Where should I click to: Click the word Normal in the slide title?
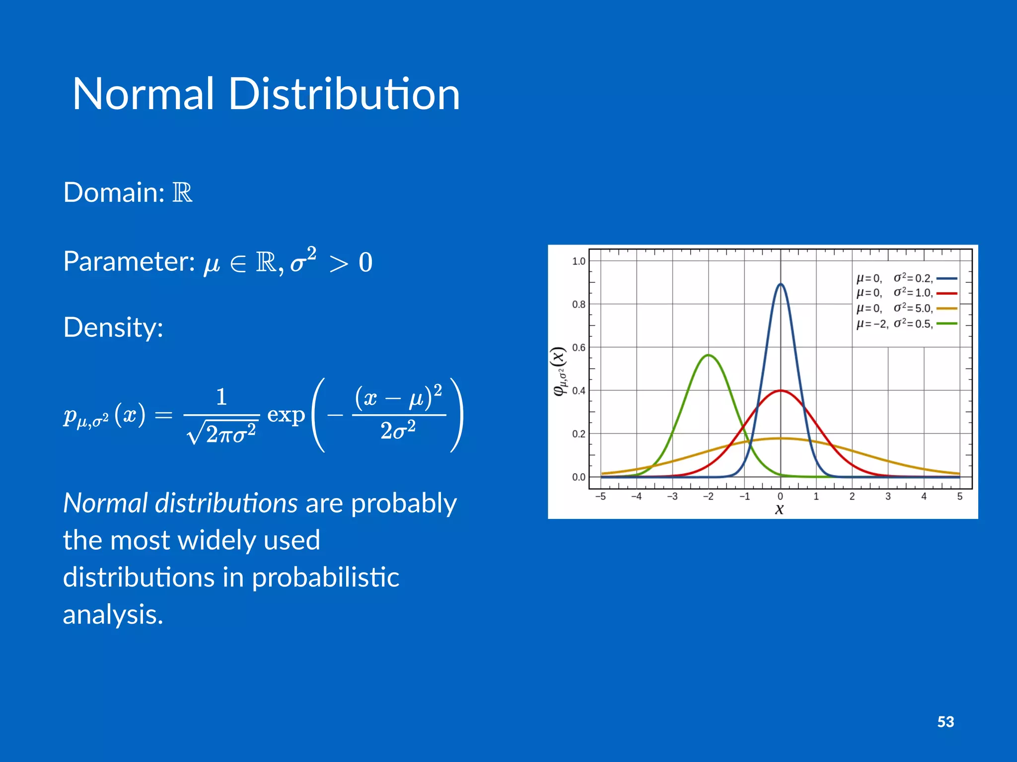pyautogui.click(x=143, y=94)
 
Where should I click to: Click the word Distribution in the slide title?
pyautogui.click(x=344, y=94)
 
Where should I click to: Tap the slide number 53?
pyautogui.click(x=945, y=722)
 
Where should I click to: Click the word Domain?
pyautogui.click(x=113, y=192)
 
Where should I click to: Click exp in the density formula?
pyautogui.click(x=286, y=415)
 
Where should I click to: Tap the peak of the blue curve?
pyautogui.click(x=780, y=284)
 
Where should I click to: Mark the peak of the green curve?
pyautogui.click(x=709, y=355)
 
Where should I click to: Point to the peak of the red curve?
pyautogui.click(x=780, y=391)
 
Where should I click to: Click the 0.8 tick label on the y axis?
pyautogui.click(x=579, y=305)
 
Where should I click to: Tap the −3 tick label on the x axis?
pyautogui.click(x=672, y=497)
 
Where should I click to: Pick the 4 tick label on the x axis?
pyautogui.click(x=924, y=497)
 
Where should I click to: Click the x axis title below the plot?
pyautogui.click(x=780, y=509)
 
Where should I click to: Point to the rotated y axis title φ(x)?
pyautogui.click(x=560, y=371)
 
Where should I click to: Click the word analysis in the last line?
pyautogui.click(x=113, y=615)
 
